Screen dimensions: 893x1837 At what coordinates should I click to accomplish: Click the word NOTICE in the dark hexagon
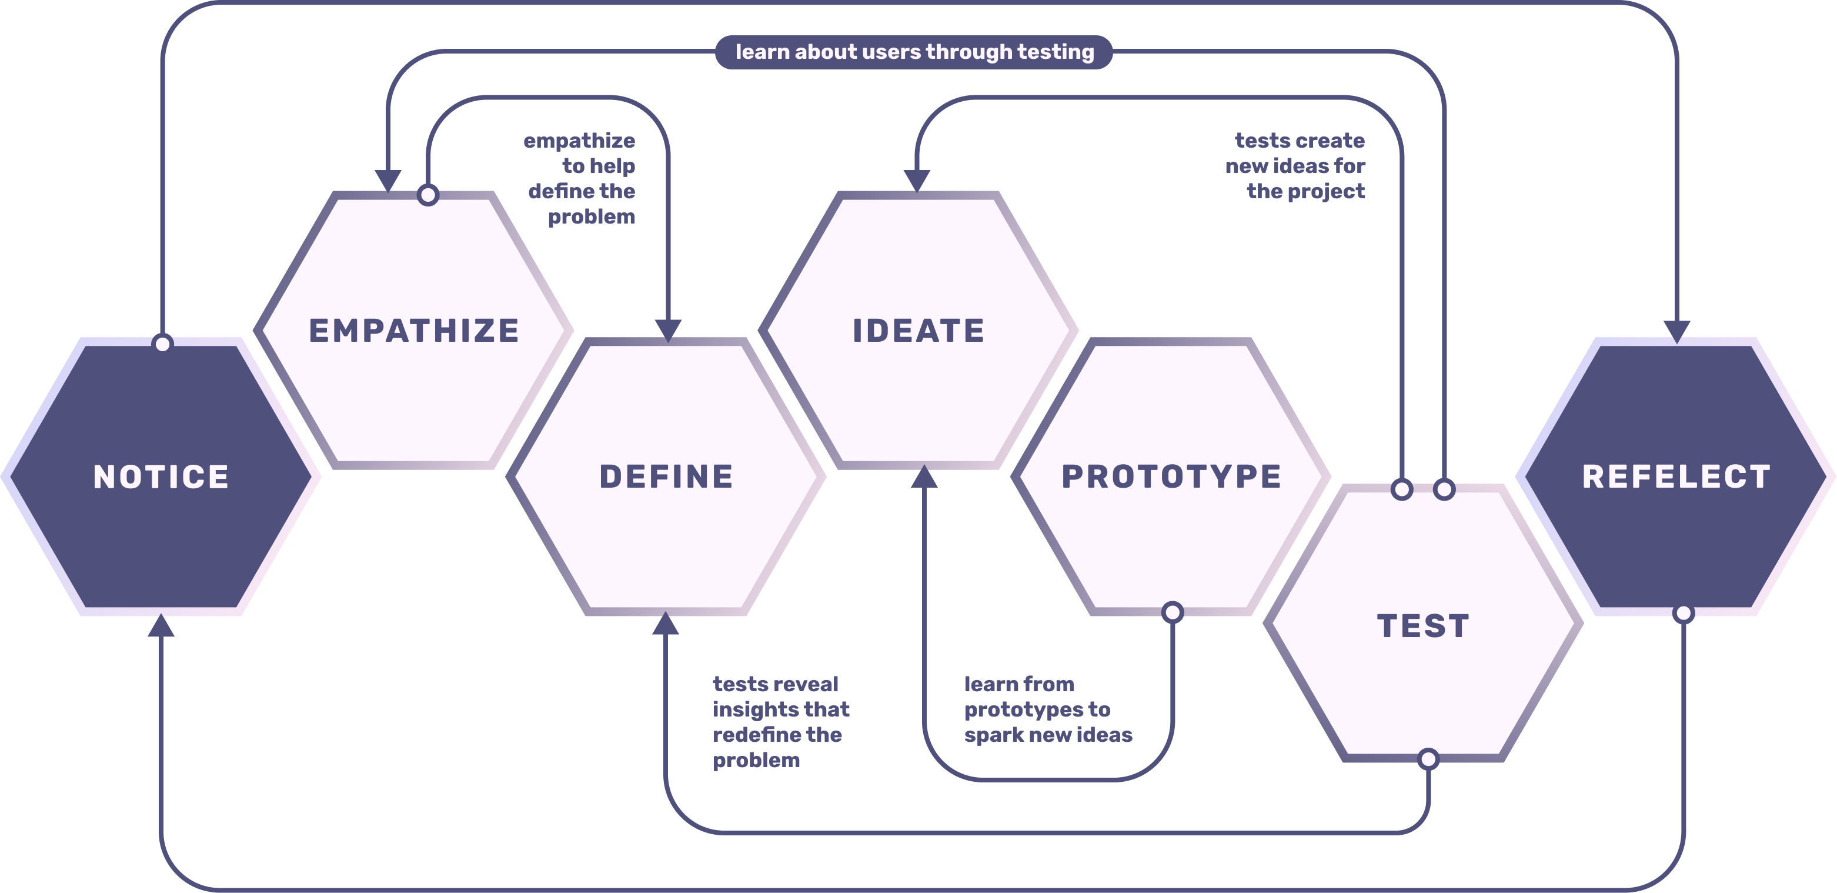point(161,477)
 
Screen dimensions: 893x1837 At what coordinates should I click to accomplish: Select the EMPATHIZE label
point(413,331)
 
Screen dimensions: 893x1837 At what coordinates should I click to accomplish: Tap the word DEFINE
point(666,477)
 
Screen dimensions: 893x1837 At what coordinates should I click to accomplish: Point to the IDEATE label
point(918,331)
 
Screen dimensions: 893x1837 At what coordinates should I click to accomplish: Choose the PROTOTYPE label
point(1171,477)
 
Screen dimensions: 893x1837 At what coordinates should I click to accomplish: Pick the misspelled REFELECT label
point(1676,477)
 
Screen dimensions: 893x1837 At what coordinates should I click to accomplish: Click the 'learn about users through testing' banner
point(914,52)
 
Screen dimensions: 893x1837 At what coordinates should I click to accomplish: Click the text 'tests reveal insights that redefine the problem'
point(780,722)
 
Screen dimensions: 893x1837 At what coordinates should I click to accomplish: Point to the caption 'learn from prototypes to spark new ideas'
point(1047,709)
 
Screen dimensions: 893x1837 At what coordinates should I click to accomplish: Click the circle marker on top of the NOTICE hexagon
point(163,344)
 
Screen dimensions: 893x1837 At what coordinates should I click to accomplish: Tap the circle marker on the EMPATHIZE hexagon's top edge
point(428,194)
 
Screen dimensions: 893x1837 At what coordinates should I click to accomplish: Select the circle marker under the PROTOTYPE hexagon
point(1173,612)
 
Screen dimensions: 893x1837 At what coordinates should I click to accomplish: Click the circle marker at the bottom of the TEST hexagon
point(1428,759)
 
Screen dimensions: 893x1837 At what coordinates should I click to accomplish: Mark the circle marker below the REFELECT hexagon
point(1684,613)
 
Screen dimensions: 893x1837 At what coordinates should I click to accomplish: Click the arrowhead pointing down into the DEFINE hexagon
point(668,330)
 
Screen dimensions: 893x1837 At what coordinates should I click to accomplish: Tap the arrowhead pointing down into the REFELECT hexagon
point(1676,332)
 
